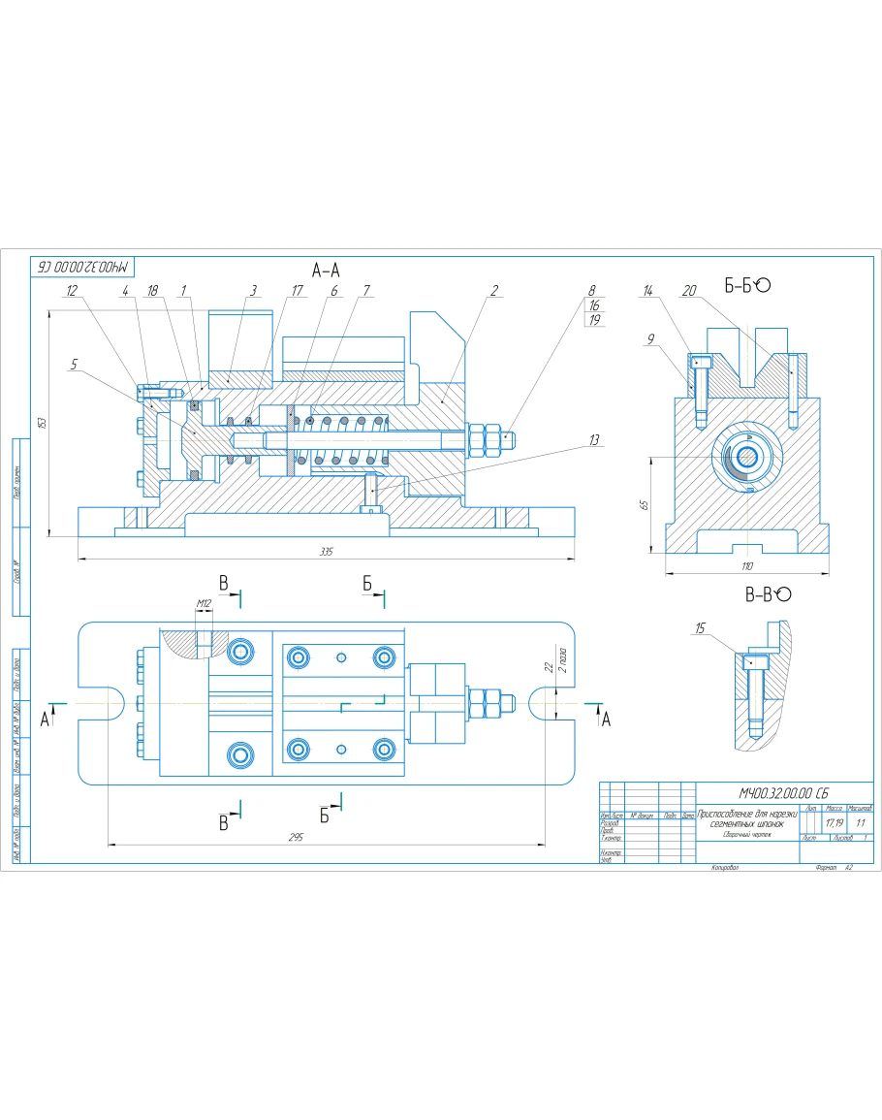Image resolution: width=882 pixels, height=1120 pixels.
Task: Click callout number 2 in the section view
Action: pos(494,290)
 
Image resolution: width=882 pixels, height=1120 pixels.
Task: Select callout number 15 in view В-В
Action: pos(699,628)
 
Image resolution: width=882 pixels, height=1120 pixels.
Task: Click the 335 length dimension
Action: pos(326,552)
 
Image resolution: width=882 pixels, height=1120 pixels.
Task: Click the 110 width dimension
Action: pos(746,565)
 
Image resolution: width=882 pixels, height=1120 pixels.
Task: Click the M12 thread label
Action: pos(204,603)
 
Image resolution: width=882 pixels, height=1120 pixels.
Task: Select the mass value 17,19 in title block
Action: pos(832,822)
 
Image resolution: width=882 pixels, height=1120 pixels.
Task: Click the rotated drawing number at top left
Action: pos(85,265)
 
